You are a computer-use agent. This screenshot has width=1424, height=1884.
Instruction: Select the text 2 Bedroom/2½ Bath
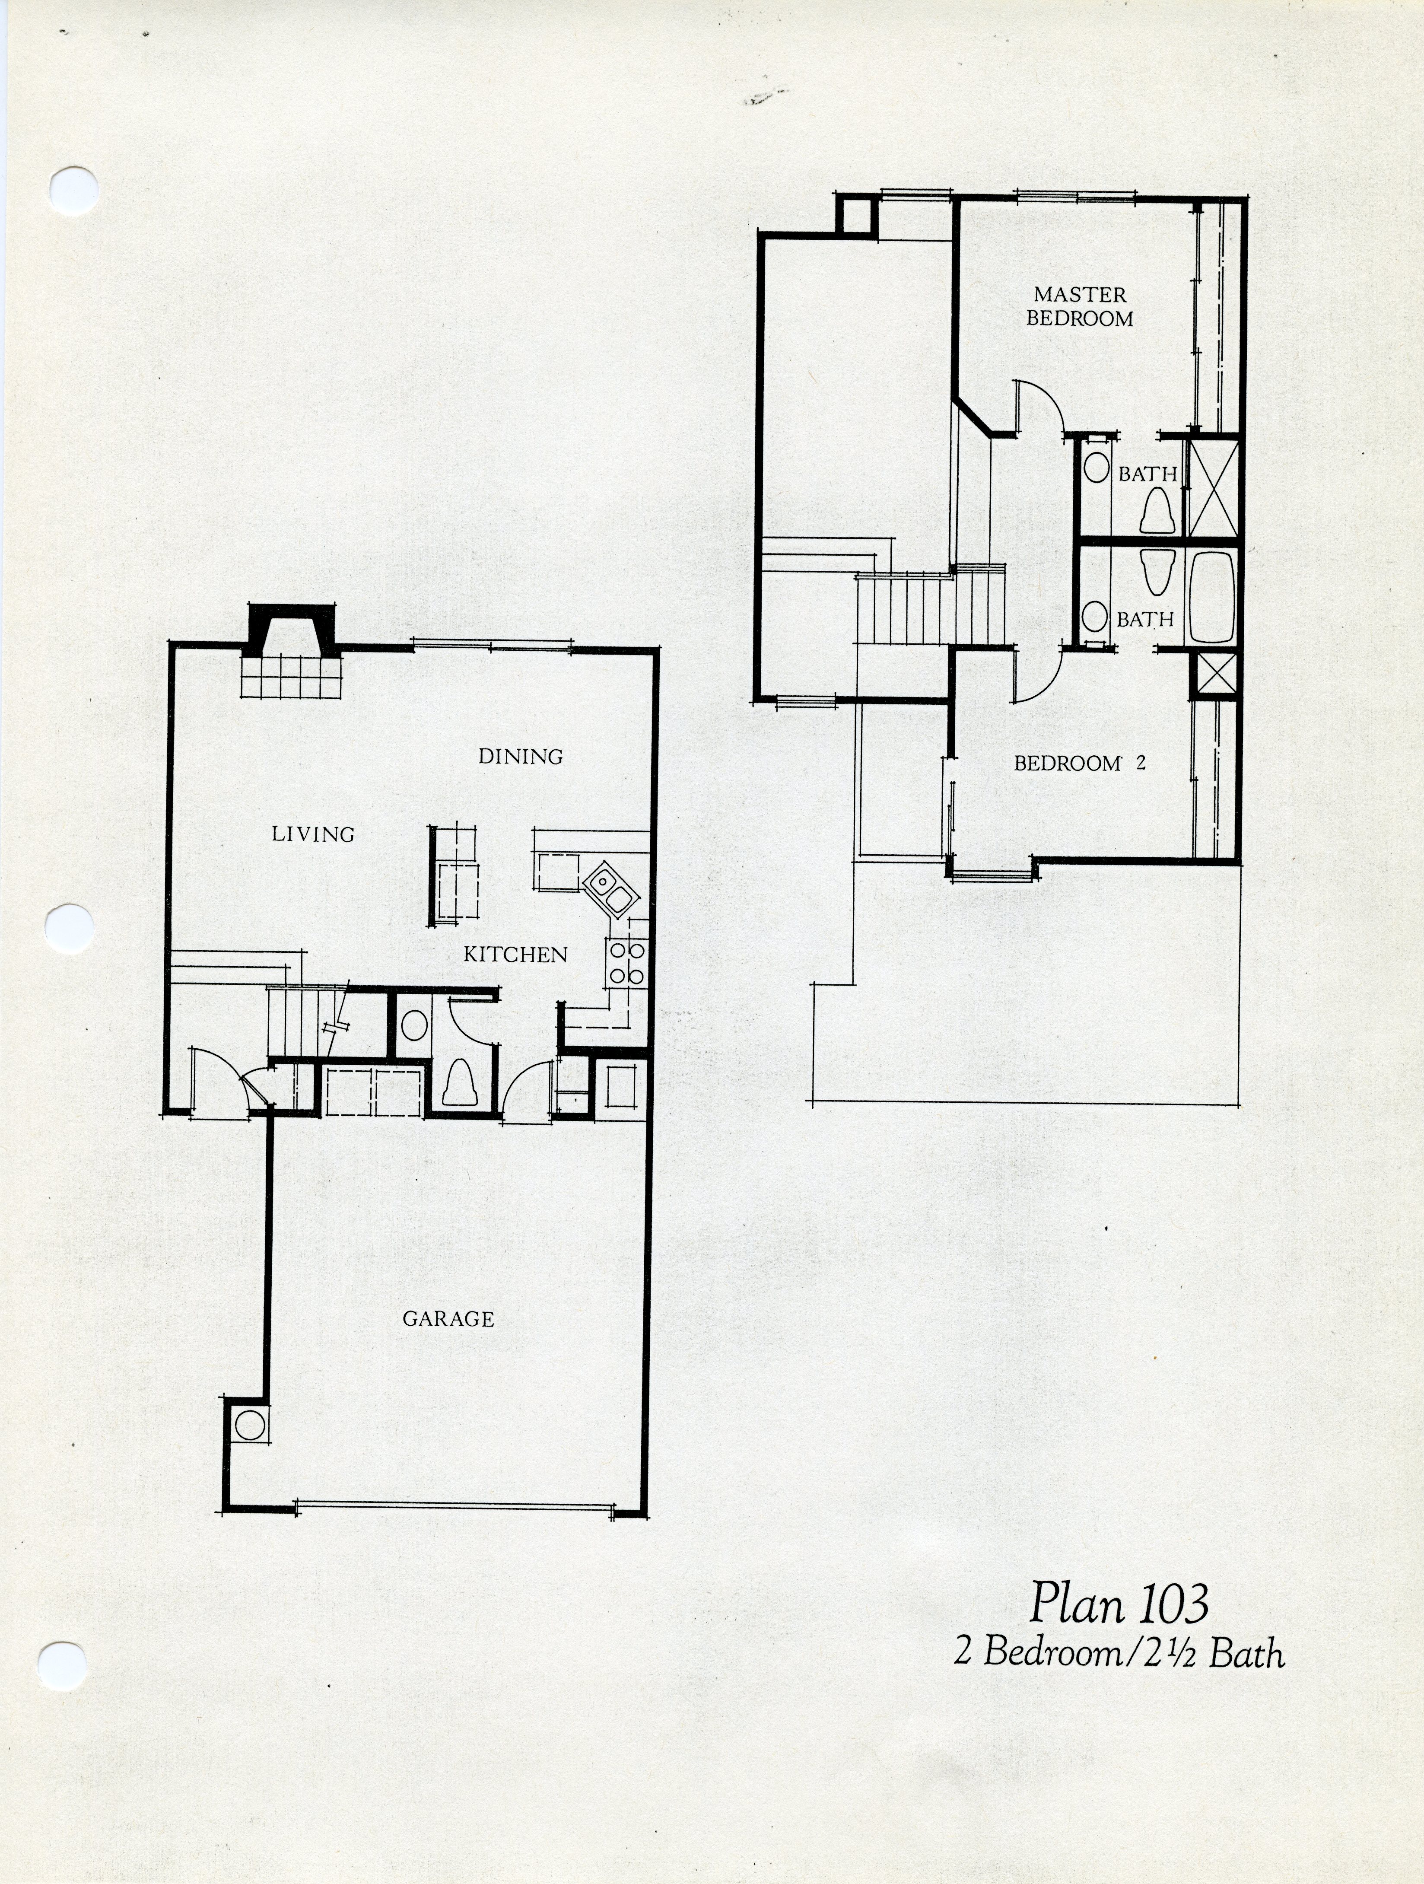tap(1119, 1653)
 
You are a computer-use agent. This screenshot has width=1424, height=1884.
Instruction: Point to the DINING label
tap(520, 756)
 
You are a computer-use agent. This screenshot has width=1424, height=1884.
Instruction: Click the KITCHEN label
tap(515, 955)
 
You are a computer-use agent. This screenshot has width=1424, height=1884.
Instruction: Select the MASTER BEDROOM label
tap(1080, 307)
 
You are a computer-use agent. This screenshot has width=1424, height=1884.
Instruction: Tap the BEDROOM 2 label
tap(1079, 763)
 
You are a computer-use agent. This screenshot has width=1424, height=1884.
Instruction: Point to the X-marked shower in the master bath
tap(1213, 488)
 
